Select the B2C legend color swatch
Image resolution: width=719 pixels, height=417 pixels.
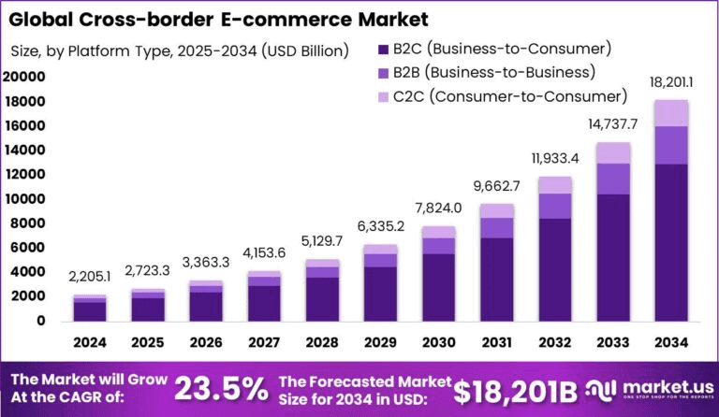(382, 49)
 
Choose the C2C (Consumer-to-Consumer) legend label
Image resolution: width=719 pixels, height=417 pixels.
(510, 95)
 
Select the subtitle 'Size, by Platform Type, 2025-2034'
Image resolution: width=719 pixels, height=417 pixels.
(179, 50)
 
